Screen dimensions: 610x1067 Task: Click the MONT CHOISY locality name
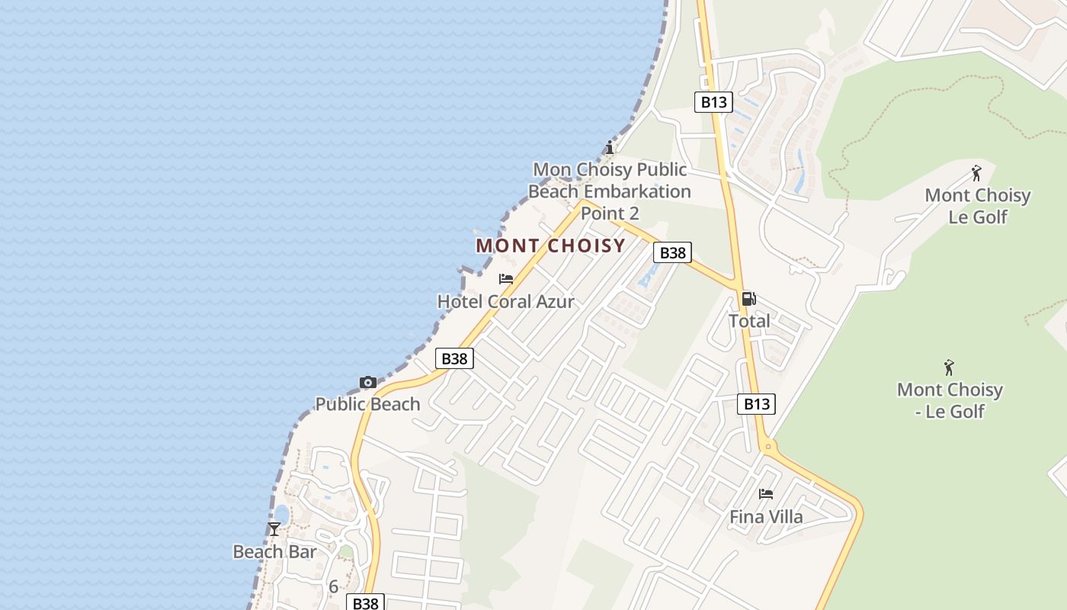click(x=550, y=246)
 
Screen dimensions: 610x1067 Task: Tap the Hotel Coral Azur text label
click(x=505, y=302)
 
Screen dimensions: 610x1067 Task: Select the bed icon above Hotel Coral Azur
click(x=505, y=279)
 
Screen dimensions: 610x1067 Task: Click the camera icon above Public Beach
click(x=367, y=382)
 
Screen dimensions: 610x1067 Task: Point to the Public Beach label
click(x=367, y=404)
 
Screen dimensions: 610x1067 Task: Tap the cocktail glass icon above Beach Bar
click(x=274, y=528)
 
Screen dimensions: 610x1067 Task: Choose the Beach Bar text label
click(x=274, y=551)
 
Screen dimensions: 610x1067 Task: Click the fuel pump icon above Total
click(x=748, y=299)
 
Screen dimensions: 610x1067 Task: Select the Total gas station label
click(x=749, y=321)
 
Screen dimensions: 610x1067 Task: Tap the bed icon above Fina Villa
click(x=766, y=494)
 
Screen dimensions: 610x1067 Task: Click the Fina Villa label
click(x=766, y=517)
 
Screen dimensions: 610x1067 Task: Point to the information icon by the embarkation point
click(x=609, y=147)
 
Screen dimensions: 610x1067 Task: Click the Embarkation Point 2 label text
click(x=609, y=191)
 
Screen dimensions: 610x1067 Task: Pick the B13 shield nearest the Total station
click(x=756, y=404)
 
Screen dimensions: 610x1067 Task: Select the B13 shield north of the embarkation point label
click(x=713, y=102)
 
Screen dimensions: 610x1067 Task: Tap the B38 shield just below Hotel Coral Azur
click(x=454, y=358)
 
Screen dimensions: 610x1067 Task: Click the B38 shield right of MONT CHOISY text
click(x=672, y=252)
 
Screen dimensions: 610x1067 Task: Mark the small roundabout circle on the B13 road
click(x=768, y=446)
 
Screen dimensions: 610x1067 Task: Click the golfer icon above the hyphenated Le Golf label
click(x=949, y=368)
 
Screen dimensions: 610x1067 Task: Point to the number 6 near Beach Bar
click(x=333, y=587)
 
